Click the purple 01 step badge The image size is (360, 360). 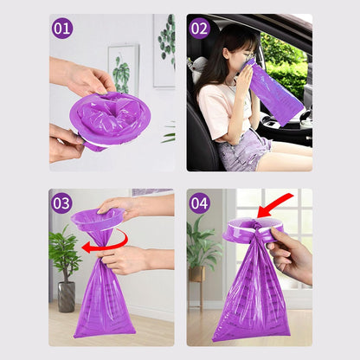click(62, 29)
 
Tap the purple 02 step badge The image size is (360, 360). click(199, 29)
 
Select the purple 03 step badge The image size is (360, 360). click(61, 203)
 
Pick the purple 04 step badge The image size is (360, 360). click(199, 203)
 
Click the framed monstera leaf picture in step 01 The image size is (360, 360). click(124, 70)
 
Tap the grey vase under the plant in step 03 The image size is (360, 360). click(67, 297)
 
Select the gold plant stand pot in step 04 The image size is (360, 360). click(197, 273)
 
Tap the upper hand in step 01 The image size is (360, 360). click(83, 75)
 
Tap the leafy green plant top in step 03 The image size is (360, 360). click(64, 250)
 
